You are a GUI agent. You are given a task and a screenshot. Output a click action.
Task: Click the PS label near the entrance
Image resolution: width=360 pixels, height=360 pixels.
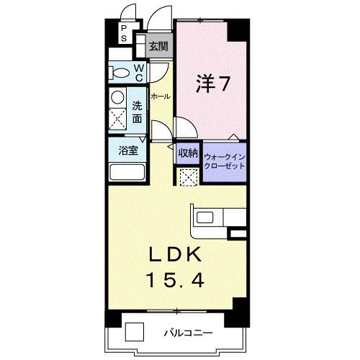(123, 32)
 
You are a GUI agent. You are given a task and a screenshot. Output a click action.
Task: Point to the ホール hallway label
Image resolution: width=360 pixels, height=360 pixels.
(160, 96)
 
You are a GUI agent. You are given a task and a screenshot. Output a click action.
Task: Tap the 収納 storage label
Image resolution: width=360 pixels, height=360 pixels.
(187, 152)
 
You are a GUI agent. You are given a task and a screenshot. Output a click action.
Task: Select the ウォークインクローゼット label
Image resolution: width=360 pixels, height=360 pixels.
(224, 161)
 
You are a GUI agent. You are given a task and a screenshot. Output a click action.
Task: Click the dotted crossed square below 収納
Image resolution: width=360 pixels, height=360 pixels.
(187, 176)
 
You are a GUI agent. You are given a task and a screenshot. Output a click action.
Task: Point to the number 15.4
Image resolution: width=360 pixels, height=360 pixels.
(177, 279)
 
